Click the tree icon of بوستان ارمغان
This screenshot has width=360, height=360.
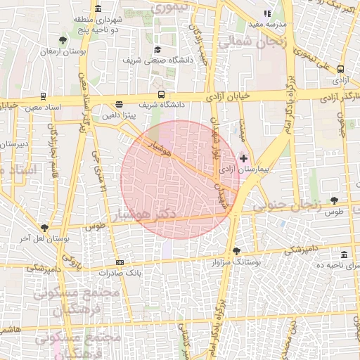(x=64, y=40)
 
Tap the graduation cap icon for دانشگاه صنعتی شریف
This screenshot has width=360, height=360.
(x=157, y=50)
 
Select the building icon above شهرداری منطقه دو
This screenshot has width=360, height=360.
(x=97, y=9)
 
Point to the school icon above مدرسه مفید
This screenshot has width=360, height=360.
(x=266, y=13)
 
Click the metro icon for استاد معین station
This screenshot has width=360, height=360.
(x=44, y=96)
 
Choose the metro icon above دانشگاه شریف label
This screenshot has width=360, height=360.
(x=162, y=94)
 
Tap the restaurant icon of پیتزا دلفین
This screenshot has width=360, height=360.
(x=119, y=105)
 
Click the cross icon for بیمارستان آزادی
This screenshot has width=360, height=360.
(x=244, y=159)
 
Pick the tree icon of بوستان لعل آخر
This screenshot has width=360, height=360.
(x=46, y=228)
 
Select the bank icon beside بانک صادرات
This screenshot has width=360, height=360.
(x=119, y=262)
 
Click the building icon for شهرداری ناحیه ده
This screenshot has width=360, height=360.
(x=343, y=255)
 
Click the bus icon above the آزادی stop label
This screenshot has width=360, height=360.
(x=341, y=70)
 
